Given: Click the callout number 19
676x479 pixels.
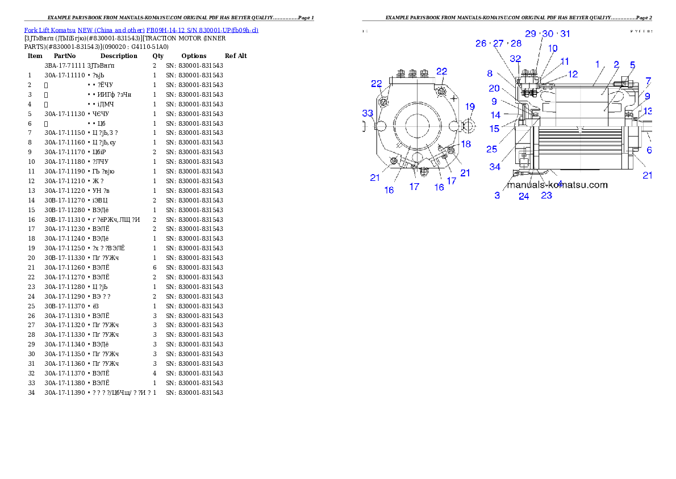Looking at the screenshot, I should tap(470, 106).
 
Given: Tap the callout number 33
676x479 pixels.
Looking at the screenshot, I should tap(368, 113).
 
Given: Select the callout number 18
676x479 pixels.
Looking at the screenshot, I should tap(466, 144).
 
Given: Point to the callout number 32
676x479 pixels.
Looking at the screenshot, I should tap(515, 59).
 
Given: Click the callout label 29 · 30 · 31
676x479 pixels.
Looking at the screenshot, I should tap(548, 34).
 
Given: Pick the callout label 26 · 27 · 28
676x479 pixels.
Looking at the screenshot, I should tap(498, 43).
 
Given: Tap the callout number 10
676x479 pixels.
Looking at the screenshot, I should tap(552, 48).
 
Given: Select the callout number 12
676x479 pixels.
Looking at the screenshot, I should tap(573, 74).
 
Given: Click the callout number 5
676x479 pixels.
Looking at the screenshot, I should tap(632, 65).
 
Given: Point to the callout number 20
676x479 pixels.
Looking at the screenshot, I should tap(494, 88).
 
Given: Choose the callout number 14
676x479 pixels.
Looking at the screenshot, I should tap(495, 115).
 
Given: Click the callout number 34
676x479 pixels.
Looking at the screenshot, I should tap(495, 167).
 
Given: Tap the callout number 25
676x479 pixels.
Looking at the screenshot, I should tap(492, 149).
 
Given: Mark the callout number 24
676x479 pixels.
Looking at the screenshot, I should tap(524, 196).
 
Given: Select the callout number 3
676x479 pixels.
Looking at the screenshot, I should tap(497, 196).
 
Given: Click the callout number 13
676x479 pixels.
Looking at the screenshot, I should tap(648, 111).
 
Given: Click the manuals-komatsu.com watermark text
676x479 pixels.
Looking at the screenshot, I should tap(557, 185).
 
